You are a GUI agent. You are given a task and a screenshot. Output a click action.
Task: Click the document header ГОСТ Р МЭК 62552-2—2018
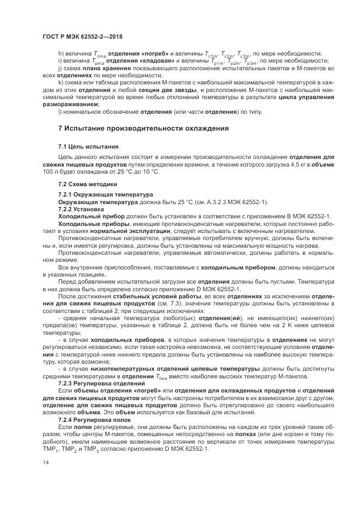[82, 36]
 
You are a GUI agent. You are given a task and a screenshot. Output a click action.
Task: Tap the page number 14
[45, 463]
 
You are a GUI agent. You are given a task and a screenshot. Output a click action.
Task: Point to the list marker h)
[61, 53]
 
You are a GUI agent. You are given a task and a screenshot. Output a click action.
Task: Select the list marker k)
[61, 82]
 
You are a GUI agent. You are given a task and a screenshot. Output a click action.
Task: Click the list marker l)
[60, 112]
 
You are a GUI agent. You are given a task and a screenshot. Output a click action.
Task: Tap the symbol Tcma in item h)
[98, 54]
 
